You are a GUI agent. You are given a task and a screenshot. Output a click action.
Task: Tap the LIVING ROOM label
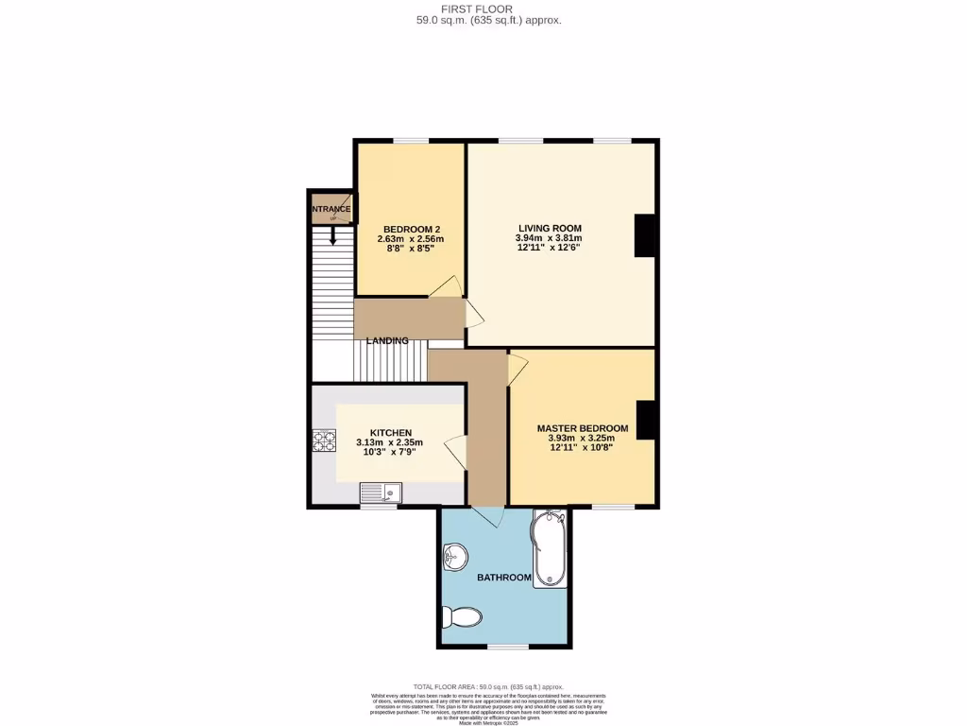pos(550,228)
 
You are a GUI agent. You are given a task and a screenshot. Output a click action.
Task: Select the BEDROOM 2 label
pos(412,229)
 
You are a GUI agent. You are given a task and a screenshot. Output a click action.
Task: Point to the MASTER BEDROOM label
pos(582,427)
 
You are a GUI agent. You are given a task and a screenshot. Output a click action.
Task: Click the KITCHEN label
pos(390,432)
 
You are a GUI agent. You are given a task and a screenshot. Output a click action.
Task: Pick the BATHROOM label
pos(503,577)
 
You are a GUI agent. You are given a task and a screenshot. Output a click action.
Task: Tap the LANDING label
pos(388,340)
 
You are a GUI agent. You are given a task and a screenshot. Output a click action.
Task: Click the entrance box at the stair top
pos(331,209)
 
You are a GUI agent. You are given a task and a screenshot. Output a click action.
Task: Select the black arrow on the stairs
pos(332,235)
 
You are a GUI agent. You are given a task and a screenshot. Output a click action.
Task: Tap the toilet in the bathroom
pos(463,617)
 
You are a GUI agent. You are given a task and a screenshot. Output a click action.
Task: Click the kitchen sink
pos(381,492)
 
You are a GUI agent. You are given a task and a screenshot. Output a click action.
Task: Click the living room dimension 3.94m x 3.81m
pos(550,238)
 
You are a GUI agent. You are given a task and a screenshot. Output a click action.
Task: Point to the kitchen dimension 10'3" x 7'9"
pos(390,452)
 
